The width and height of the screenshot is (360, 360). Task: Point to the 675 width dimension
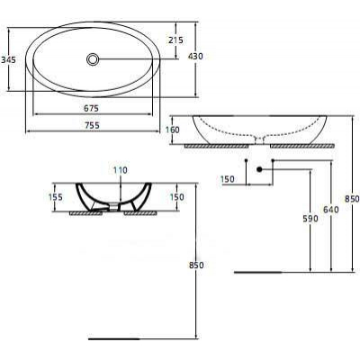tap(91, 108)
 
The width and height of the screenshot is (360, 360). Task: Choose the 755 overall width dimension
tap(91, 127)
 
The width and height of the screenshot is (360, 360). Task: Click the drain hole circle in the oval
tap(94, 59)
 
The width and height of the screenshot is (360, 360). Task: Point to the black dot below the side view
tap(259, 169)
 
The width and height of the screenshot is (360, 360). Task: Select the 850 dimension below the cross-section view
tap(197, 265)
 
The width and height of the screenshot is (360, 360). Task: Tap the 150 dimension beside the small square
tap(227, 179)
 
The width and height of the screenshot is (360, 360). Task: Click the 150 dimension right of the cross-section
tap(176, 196)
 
